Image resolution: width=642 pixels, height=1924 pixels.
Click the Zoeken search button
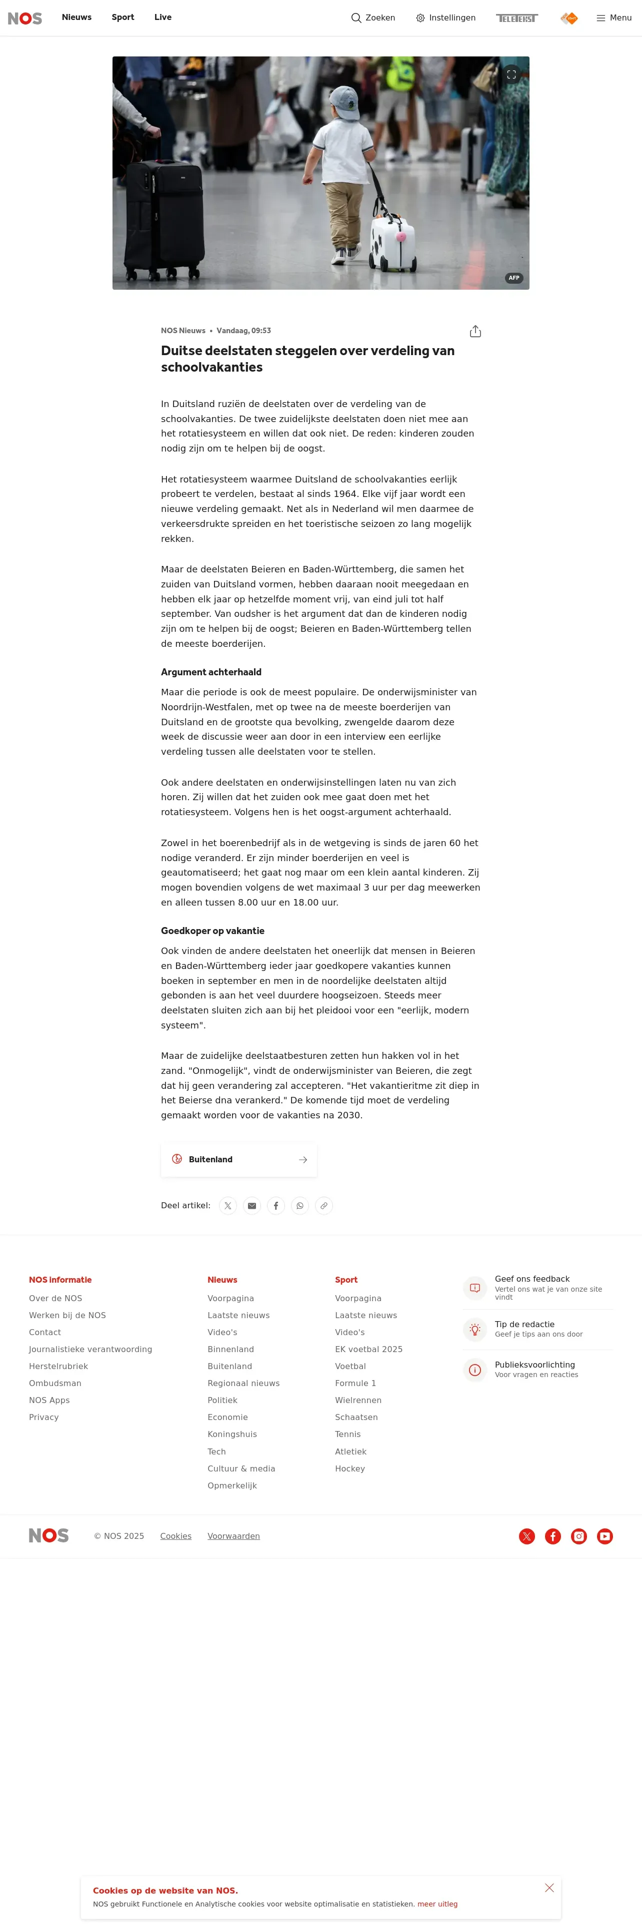coord(373,18)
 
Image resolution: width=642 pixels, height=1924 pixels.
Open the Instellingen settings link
coord(445,18)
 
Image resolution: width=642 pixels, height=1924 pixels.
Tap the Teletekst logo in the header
coord(516,18)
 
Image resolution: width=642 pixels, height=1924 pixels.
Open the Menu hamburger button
coord(613,18)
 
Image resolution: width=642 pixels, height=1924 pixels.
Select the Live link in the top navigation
coord(163,17)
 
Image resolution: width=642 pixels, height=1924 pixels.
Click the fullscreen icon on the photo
coord(511,75)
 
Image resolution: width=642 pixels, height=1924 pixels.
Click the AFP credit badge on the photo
coord(513,278)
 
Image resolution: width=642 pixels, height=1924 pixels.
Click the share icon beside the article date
coord(475,332)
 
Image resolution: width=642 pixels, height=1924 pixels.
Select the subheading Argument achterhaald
coord(211,672)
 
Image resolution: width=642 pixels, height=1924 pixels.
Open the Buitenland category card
coord(238,1159)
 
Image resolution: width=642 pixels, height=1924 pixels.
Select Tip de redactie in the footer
coord(524,1324)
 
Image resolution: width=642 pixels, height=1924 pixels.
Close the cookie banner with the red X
coord(549,1888)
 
